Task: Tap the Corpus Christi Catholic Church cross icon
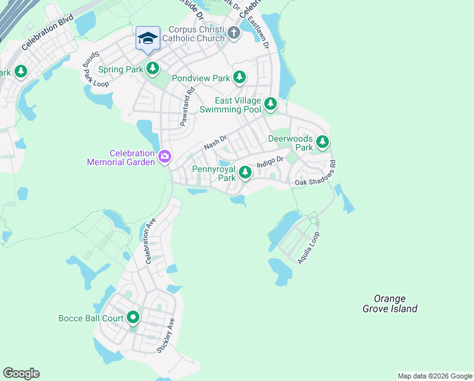pos(233,33)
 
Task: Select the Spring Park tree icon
pos(152,68)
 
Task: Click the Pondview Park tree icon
pos(239,77)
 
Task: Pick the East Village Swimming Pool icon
pos(271,103)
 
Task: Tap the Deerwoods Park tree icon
pos(323,141)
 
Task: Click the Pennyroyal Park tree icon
pos(245,172)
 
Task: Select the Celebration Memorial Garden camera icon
pos(165,156)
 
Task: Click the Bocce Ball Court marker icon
pos(133,317)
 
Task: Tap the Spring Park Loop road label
pos(93,68)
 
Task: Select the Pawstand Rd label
pos(186,110)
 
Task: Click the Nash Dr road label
pos(215,145)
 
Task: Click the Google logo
pos(21,373)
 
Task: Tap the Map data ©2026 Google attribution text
pos(434,376)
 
